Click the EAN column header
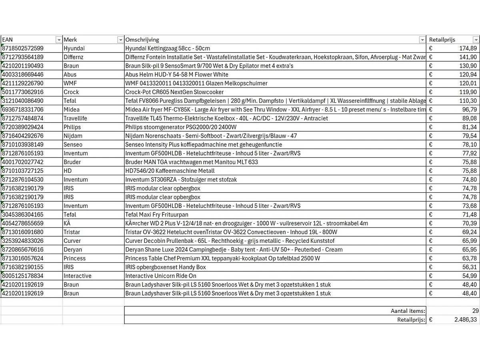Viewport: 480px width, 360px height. pos(7,40)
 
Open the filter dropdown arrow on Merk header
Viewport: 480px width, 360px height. pos(120,40)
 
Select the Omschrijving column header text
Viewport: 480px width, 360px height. pos(142,40)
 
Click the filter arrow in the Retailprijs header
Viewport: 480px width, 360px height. pos(476,40)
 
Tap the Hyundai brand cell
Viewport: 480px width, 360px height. pos(74,48)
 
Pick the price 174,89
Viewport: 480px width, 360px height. pos(468,48)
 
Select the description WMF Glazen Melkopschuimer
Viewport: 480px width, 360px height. pos(196,83)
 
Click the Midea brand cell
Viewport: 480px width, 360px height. pos(71,110)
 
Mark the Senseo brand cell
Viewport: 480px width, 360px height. pos(73,144)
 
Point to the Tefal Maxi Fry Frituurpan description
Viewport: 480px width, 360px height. pos(159,214)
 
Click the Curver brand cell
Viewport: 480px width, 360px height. pos(72,241)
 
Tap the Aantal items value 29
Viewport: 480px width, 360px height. pos(475,311)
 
